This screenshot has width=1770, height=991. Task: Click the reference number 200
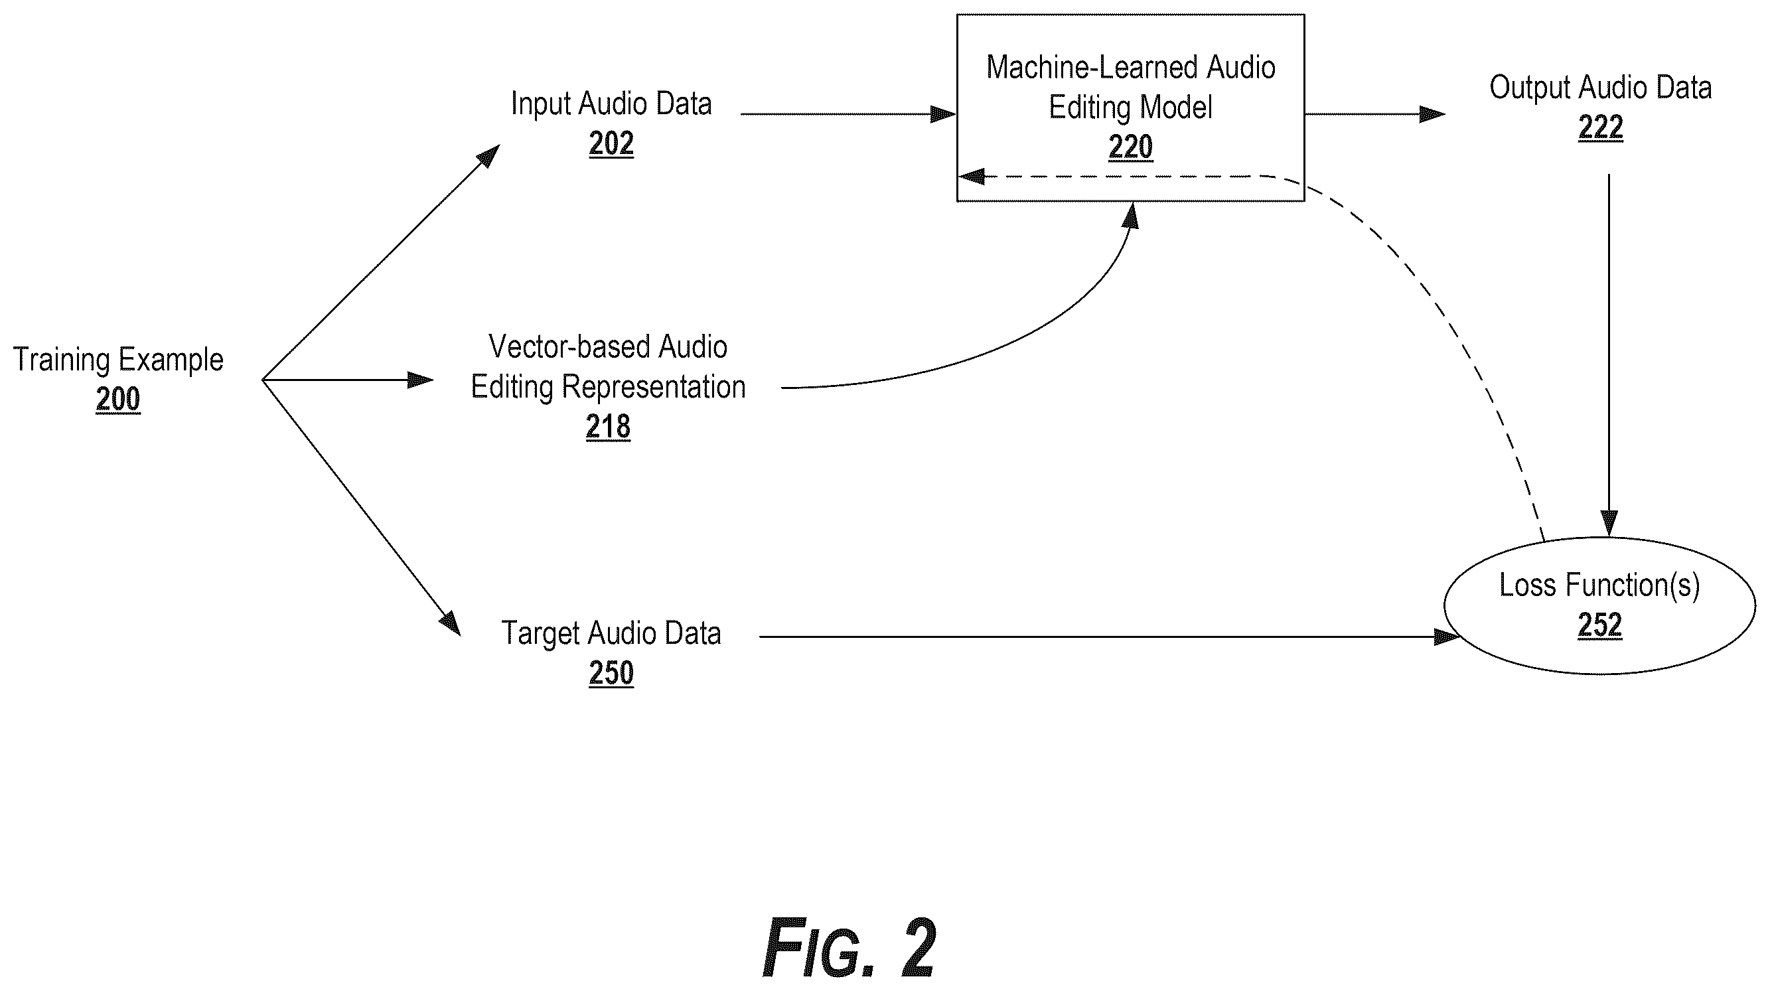coord(118,400)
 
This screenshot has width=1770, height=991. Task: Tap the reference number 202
coord(611,143)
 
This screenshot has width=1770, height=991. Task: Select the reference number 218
coord(608,427)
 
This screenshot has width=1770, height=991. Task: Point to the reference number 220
coord(1130,147)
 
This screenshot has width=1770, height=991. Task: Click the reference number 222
coord(1600,127)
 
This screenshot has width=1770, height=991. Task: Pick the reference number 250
coord(611,673)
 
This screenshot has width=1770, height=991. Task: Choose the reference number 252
coord(1599,625)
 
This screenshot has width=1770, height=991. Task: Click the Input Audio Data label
coord(611,104)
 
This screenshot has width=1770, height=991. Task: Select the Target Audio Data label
coord(611,633)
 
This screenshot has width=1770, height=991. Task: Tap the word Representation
coord(654,388)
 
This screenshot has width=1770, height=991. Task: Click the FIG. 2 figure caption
coord(849,949)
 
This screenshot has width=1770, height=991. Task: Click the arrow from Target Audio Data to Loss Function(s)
coord(1110,637)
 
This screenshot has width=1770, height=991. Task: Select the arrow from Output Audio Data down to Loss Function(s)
coord(1609,355)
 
